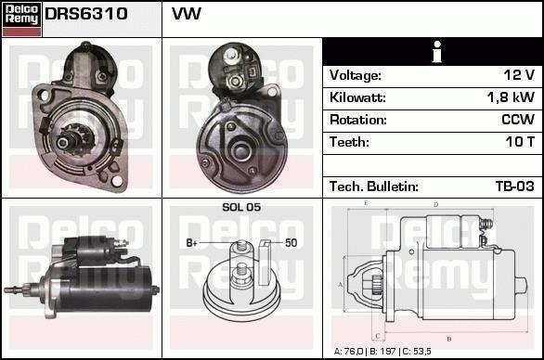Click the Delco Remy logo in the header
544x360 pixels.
click(21, 19)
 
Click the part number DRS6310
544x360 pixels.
click(86, 14)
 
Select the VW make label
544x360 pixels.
click(187, 14)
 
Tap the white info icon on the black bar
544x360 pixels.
click(437, 52)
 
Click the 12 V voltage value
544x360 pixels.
click(519, 75)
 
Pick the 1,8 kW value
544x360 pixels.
click(511, 97)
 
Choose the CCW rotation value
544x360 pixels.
click(518, 120)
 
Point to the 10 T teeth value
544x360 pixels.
click(520, 142)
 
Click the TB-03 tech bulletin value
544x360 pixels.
click(515, 186)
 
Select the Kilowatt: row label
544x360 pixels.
click(357, 97)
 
